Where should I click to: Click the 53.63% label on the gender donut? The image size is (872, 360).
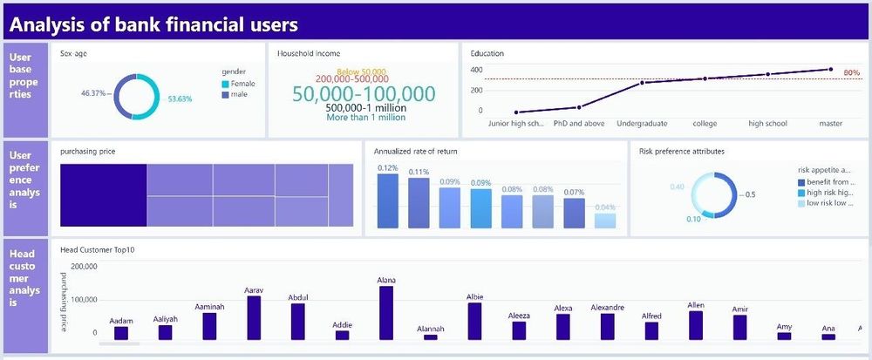tap(180, 99)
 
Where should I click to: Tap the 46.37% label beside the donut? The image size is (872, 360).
tap(93, 92)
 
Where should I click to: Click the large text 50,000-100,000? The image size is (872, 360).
tap(363, 94)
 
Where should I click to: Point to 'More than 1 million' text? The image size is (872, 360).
tap(364, 117)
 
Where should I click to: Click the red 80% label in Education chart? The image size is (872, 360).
tap(852, 73)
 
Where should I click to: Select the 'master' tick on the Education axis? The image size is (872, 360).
tap(830, 124)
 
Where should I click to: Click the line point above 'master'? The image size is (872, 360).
tap(830, 70)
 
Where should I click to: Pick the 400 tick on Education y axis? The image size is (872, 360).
tap(476, 70)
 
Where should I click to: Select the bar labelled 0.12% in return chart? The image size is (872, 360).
tap(388, 200)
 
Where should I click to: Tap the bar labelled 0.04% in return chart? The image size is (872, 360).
tap(604, 221)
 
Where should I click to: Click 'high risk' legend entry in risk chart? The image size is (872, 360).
tap(828, 193)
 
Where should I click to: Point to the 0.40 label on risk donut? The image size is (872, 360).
tap(677, 187)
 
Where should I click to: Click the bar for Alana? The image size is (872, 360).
tap(386, 312)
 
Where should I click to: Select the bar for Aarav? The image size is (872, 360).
tap(254, 317)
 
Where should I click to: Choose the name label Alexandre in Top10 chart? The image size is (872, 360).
tap(608, 308)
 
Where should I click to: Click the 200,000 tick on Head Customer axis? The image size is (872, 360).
tap(78, 267)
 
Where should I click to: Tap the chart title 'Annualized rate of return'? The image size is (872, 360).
tap(415, 152)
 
